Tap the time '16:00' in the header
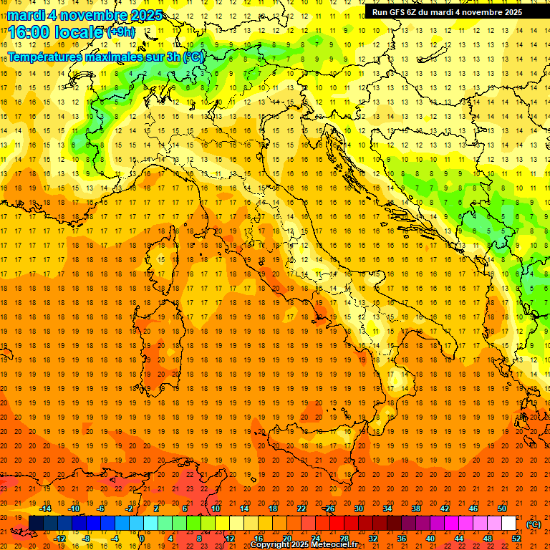point(32,32)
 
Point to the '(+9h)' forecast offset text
point(120,32)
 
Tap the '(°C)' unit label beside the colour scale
point(534,524)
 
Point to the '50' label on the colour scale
point(502,508)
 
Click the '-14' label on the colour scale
point(45,508)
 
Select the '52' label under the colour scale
point(516,539)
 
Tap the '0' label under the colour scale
point(142,539)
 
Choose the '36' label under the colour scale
point(402,539)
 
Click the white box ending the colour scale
point(509,524)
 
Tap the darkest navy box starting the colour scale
point(36,524)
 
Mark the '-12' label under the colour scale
point(59,539)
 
